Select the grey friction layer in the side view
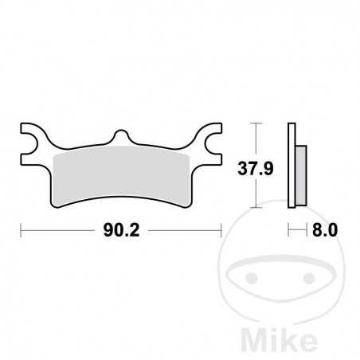(x=300, y=175)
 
